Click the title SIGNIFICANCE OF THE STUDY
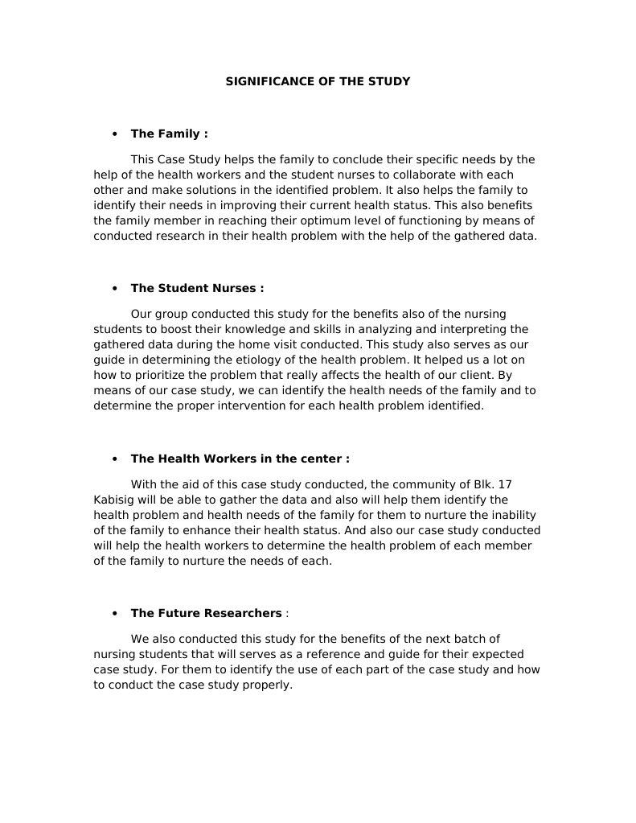coord(318,81)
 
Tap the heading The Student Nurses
coord(197,288)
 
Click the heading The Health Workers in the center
coord(240,459)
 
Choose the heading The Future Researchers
coord(206,613)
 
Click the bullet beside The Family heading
coord(115,134)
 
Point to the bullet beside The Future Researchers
coord(115,613)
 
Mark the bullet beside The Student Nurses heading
coord(115,288)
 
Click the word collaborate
coord(427,175)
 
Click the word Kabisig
coord(116,500)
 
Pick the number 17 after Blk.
coord(505,484)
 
